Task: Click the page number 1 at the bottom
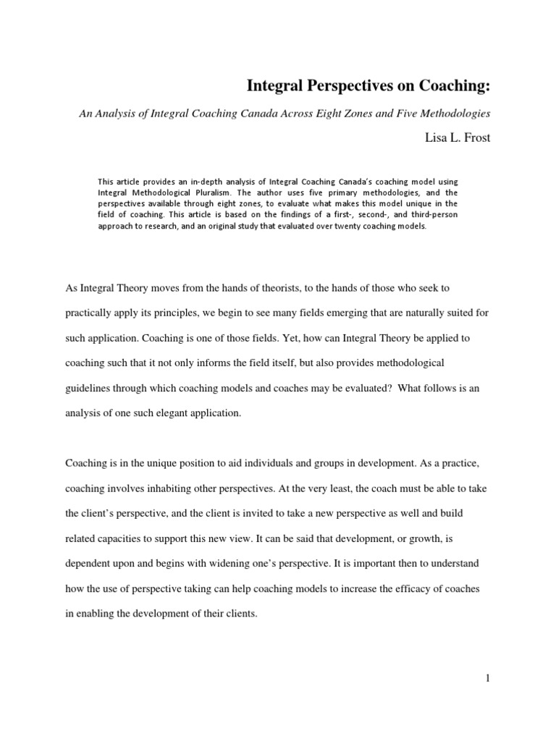[x=488, y=678]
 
